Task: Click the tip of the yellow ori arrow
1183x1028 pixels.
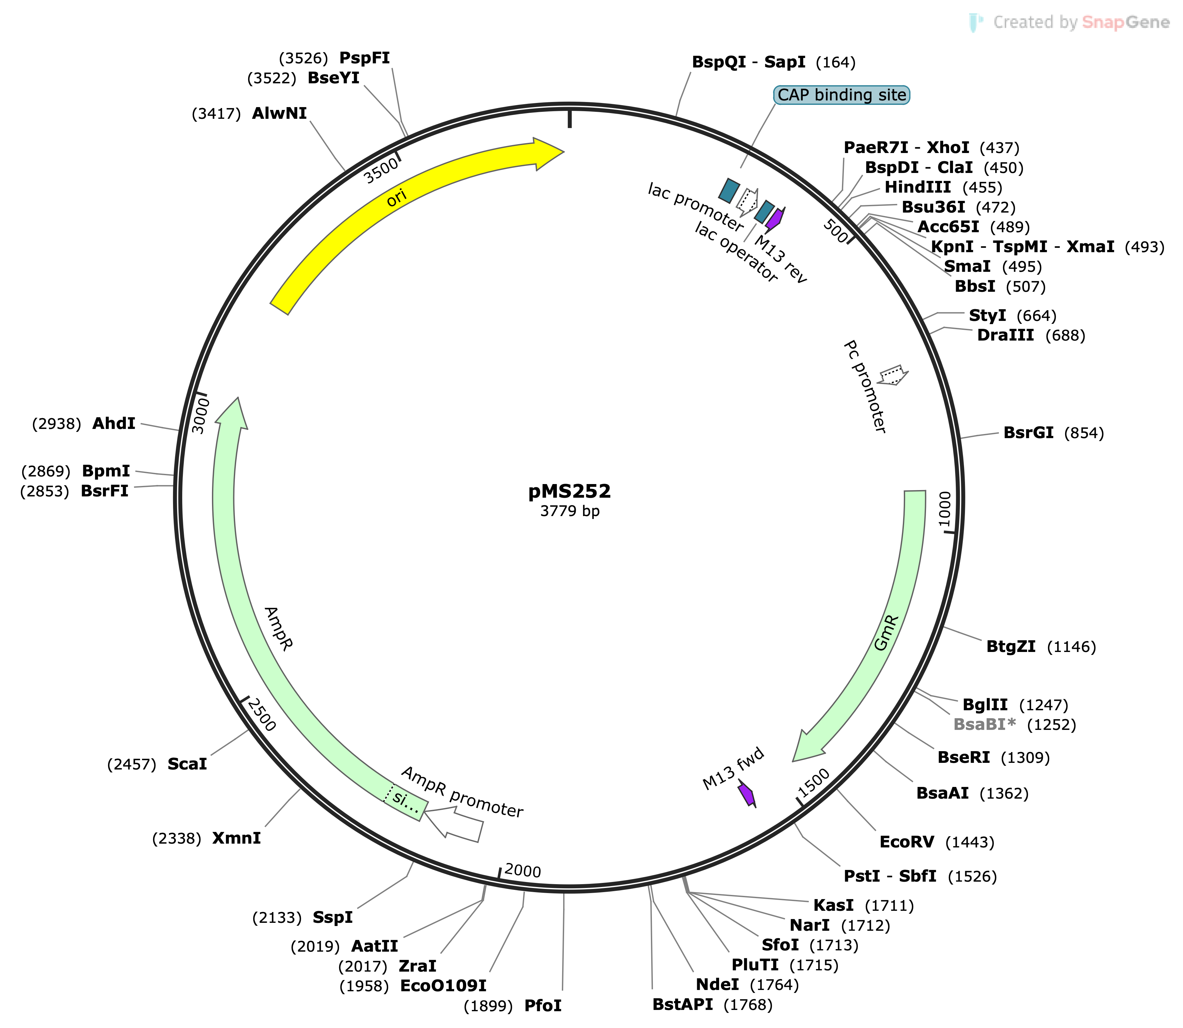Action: [564, 152]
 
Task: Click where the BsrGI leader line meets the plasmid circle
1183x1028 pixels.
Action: [960, 438]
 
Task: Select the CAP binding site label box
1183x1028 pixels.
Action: [842, 95]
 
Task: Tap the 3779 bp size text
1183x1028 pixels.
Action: [570, 511]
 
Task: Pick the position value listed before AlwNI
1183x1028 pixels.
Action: [216, 114]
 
